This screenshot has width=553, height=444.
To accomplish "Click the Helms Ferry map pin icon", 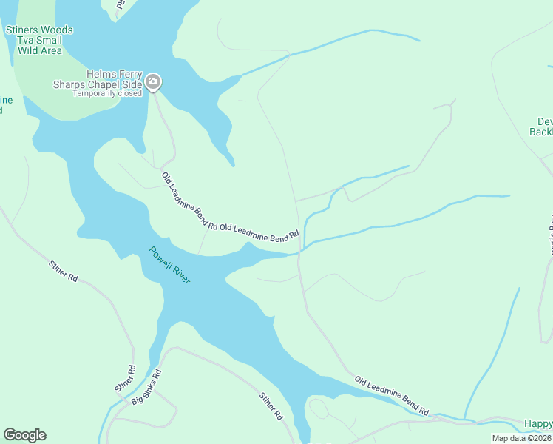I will click(x=153, y=81).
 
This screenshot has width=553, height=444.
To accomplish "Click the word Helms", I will click(x=101, y=74).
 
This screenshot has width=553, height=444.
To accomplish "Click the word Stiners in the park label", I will click(x=21, y=30).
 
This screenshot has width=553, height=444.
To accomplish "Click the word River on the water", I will click(x=181, y=274).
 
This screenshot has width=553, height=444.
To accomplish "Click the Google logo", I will click(x=24, y=435).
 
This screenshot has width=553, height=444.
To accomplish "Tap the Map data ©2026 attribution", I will click(x=522, y=438).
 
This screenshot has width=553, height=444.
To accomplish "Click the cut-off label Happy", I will click(x=538, y=424).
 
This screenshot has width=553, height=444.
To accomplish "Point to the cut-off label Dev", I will click(x=545, y=122).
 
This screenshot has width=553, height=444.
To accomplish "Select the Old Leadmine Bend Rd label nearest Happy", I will click(x=391, y=395).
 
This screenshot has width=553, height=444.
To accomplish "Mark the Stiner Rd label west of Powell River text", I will click(x=63, y=272).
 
